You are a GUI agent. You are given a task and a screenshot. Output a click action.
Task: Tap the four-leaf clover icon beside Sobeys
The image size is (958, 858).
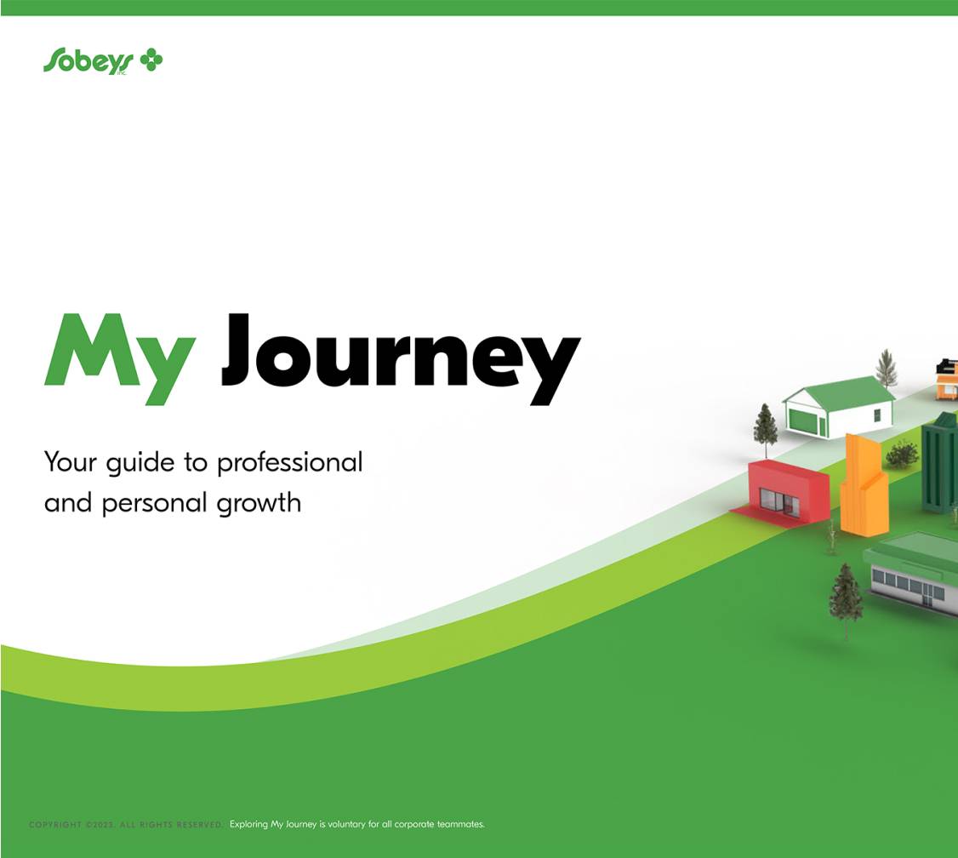point(151,60)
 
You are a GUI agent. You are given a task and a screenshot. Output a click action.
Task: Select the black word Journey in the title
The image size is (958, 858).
point(400,357)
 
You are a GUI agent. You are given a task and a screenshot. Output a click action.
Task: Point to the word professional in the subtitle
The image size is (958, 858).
point(289,463)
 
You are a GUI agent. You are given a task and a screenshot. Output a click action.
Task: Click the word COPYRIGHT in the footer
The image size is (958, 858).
point(55,825)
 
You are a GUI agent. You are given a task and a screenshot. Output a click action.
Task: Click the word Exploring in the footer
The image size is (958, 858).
point(248,825)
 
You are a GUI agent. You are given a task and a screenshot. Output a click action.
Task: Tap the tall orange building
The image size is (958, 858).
point(864,489)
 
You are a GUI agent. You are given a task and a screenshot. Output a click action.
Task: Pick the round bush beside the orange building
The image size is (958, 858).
point(902,455)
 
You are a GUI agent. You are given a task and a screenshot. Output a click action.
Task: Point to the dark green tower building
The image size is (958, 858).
point(940,464)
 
